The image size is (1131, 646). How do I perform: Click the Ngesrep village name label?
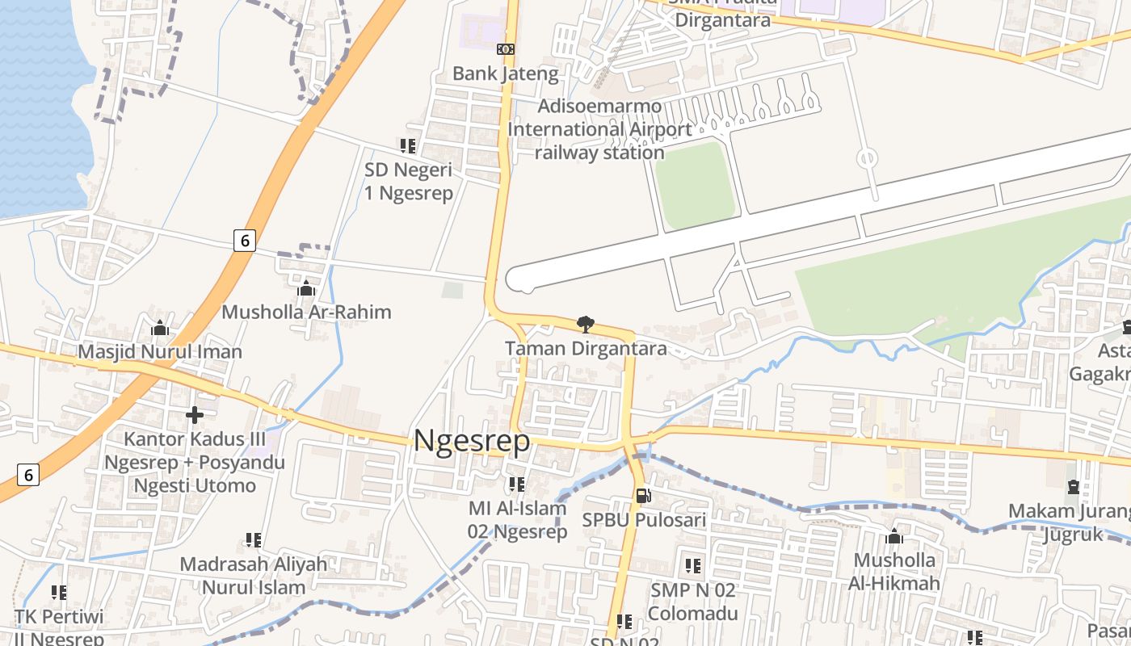[472, 442]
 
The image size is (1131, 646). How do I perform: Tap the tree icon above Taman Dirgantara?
[585, 325]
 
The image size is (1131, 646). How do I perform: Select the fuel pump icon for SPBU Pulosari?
[643, 496]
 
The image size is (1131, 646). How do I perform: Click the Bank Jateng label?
[505, 73]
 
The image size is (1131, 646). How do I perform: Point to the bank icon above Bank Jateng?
[506, 49]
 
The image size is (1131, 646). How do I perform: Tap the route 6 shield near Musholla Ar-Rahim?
[245, 240]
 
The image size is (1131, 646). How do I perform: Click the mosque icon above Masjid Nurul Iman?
[160, 328]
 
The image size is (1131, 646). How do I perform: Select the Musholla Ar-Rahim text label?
[306, 312]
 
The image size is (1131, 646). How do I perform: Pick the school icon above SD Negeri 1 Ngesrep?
[408, 146]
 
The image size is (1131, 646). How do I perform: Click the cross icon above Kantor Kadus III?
[195, 415]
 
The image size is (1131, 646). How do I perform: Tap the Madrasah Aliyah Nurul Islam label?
[254, 575]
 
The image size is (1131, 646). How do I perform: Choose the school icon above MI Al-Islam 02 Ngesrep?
[517, 484]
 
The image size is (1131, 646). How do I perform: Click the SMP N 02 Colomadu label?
[693, 602]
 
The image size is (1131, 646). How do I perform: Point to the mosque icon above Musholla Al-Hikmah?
[894, 536]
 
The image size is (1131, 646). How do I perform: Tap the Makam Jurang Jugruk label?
[1070, 522]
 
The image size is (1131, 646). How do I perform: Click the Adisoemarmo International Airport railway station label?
[599, 129]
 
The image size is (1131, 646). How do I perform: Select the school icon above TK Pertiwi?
[59, 594]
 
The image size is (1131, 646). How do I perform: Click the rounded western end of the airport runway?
[517, 279]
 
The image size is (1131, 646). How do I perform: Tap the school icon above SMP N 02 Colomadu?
[693, 566]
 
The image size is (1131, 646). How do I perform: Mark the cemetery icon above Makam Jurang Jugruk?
[1073, 487]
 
